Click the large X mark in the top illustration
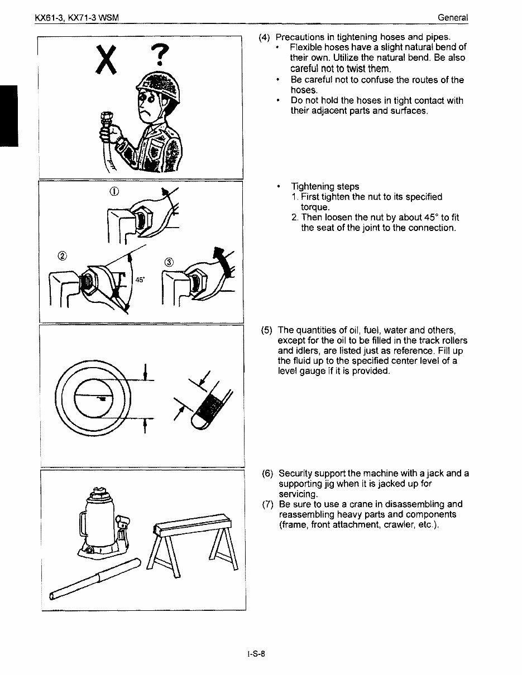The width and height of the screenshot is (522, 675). click(106, 60)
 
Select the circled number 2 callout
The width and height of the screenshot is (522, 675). click(61, 256)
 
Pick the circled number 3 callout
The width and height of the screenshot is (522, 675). click(169, 262)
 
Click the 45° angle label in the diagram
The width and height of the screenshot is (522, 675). click(140, 280)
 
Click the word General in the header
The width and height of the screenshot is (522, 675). click(453, 18)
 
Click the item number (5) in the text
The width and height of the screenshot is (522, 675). click(266, 331)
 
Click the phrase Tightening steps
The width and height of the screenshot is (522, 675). click(324, 186)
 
